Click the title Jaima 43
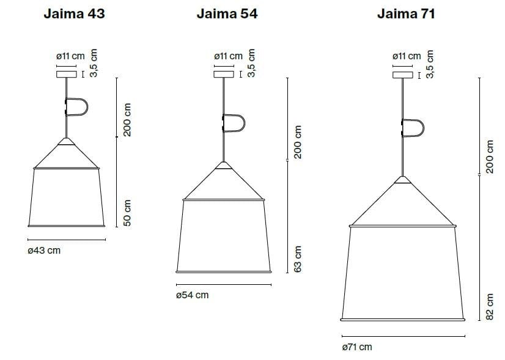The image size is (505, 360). (74, 14)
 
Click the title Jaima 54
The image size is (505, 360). (226, 14)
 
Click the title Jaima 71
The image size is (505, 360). (405, 14)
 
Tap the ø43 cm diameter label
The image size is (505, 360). (44, 251)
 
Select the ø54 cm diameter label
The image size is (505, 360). (192, 295)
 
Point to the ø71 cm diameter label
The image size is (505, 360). (358, 347)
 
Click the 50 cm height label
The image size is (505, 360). (127, 213)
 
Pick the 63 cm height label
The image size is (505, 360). (298, 259)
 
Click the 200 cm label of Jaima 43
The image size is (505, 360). (127, 119)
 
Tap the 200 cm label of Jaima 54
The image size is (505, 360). (298, 142)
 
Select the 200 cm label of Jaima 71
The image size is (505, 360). (489, 156)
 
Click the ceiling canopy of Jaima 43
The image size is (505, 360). (66, 75)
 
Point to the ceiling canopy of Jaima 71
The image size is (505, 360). (403, 75)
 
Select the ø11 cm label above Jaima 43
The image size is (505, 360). (70, 56)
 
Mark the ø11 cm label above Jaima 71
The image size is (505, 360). (407, 56)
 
